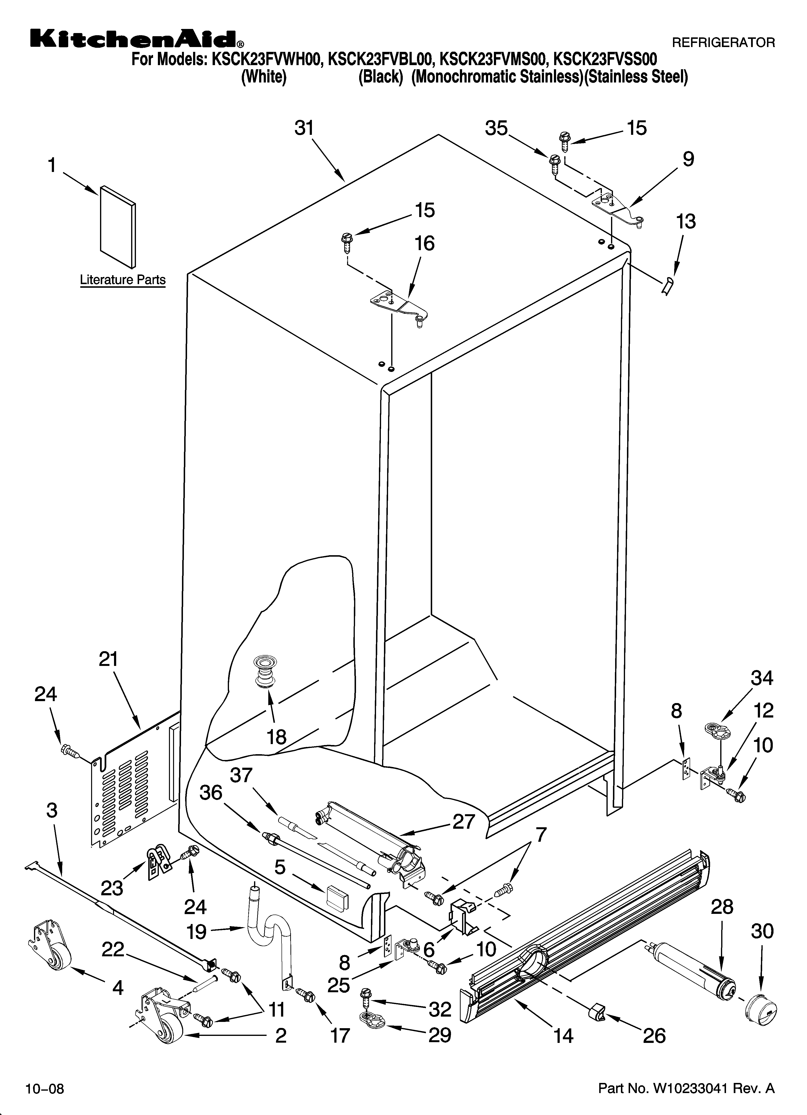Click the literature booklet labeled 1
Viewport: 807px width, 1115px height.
(x=118, y=226)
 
